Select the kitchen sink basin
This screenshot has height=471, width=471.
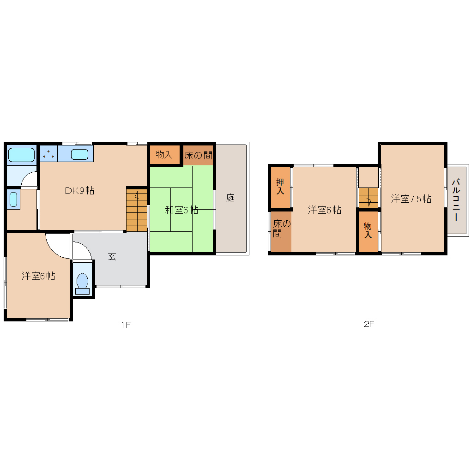coord(79,154)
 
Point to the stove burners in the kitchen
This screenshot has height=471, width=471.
coord(48,154)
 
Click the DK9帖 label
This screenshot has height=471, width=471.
coord(79,190)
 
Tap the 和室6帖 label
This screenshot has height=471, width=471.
coord(181,210)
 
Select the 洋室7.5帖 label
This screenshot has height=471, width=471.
coord(411,199)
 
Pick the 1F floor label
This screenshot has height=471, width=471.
coord(126,325)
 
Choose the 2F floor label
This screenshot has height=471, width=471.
coord(369,324)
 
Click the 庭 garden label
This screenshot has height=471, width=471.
coord(230,198)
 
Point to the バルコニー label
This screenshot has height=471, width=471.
coord(456,200)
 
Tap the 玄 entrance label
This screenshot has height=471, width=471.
coord(112,257)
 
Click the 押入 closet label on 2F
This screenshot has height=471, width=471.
coord(280,186)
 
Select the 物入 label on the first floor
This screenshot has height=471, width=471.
coord(164,155)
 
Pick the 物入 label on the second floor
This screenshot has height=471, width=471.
coord(368,230)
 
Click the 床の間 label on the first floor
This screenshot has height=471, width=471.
coord(198,155)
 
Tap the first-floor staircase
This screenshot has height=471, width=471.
coord(137,210)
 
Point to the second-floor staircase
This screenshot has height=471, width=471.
coord(368,197)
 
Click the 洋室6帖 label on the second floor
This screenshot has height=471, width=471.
coord(325,210)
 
